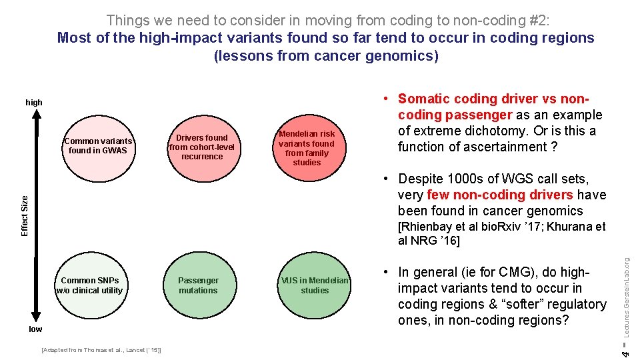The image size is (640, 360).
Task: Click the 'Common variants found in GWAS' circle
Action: coord(98,145)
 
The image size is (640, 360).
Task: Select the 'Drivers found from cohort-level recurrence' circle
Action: coord(202,147)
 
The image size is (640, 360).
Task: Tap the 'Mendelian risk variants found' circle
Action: coord(307,147)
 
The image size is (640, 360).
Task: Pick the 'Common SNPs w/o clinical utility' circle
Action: coord(89,285)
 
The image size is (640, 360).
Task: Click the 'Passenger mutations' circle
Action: coord(198,285)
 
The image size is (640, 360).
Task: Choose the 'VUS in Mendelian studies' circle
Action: coord(315,285)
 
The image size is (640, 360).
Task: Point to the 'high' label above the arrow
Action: coord(34,103)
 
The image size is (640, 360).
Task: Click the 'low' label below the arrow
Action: coord(35,329)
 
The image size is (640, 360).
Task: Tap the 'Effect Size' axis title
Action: coord(25,215)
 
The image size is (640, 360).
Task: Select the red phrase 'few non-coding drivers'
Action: coord(500,195)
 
